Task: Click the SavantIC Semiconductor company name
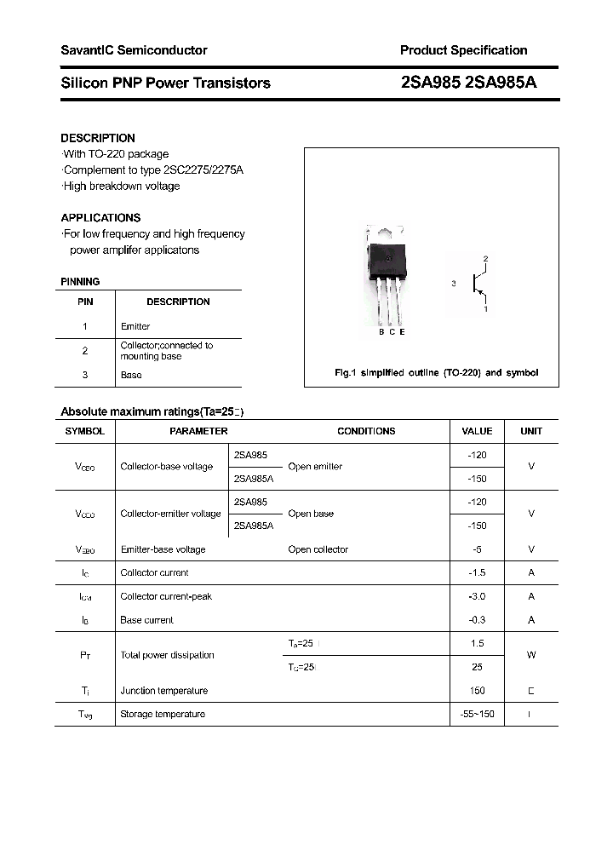click(x=134, y=50)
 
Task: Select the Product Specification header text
click(x=463, y=50)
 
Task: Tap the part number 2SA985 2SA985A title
click(x=468, y=83)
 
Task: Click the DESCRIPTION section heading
click(x=98, y=138)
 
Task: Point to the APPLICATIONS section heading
click(x=100, y=217)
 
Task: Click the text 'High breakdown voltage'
click(x=121, y=186)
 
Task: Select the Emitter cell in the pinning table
click(x=135, y=326)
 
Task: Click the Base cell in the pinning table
click(x=131, y=375)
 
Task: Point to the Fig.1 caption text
click(x=434, y=373)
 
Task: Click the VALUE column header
click(x=477, y=431)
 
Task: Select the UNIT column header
click(x=531, y=431)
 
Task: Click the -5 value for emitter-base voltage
click(x=477, y=549)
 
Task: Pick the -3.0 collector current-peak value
click(x=477, y=596)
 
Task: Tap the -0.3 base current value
click(x=477, y=620)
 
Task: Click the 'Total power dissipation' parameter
click(x=167, y=655)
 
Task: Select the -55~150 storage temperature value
click(x=477, y=714)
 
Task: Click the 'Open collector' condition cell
click(x=318, y=549)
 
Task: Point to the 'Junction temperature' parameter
click(x=163, y=691)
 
